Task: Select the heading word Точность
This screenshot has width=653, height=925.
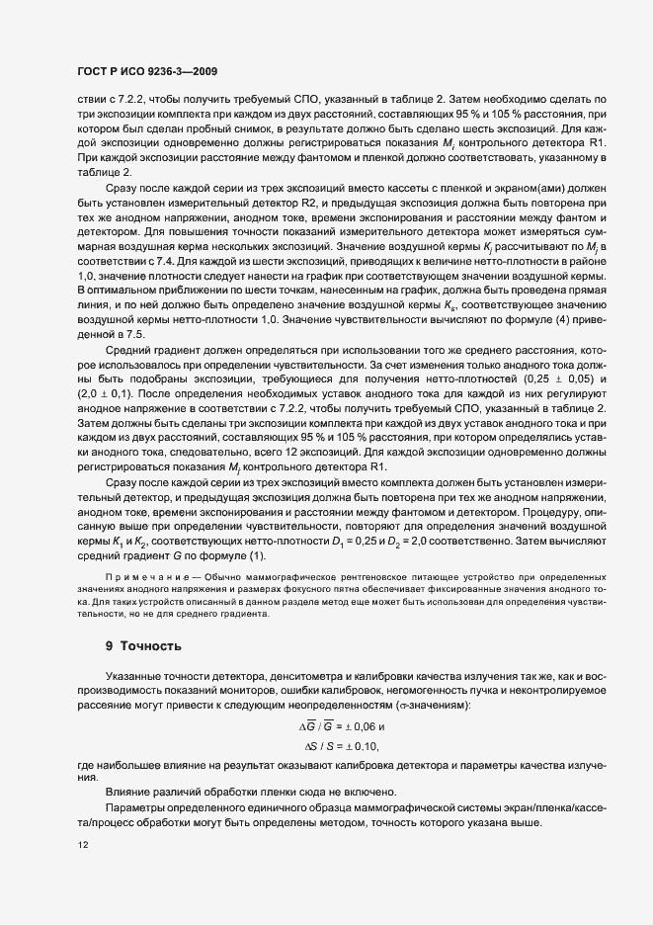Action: tap(151, 646)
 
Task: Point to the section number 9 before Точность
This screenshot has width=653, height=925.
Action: tap(110, 646)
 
